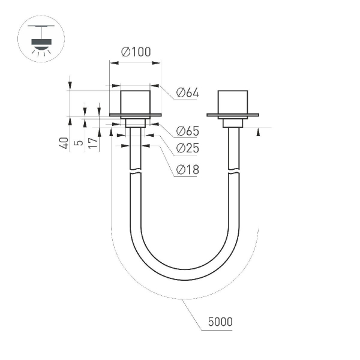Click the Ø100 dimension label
click(135, 52)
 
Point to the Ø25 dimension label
click(187, 149)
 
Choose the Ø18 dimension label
click(187, 170)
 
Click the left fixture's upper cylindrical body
click(135, 102)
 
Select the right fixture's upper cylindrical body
click(232, 102)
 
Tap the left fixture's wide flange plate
click(135, 115)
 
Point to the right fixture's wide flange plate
click(232, 115)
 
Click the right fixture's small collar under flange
click(233, 123)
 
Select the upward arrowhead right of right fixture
click(258, 133)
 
